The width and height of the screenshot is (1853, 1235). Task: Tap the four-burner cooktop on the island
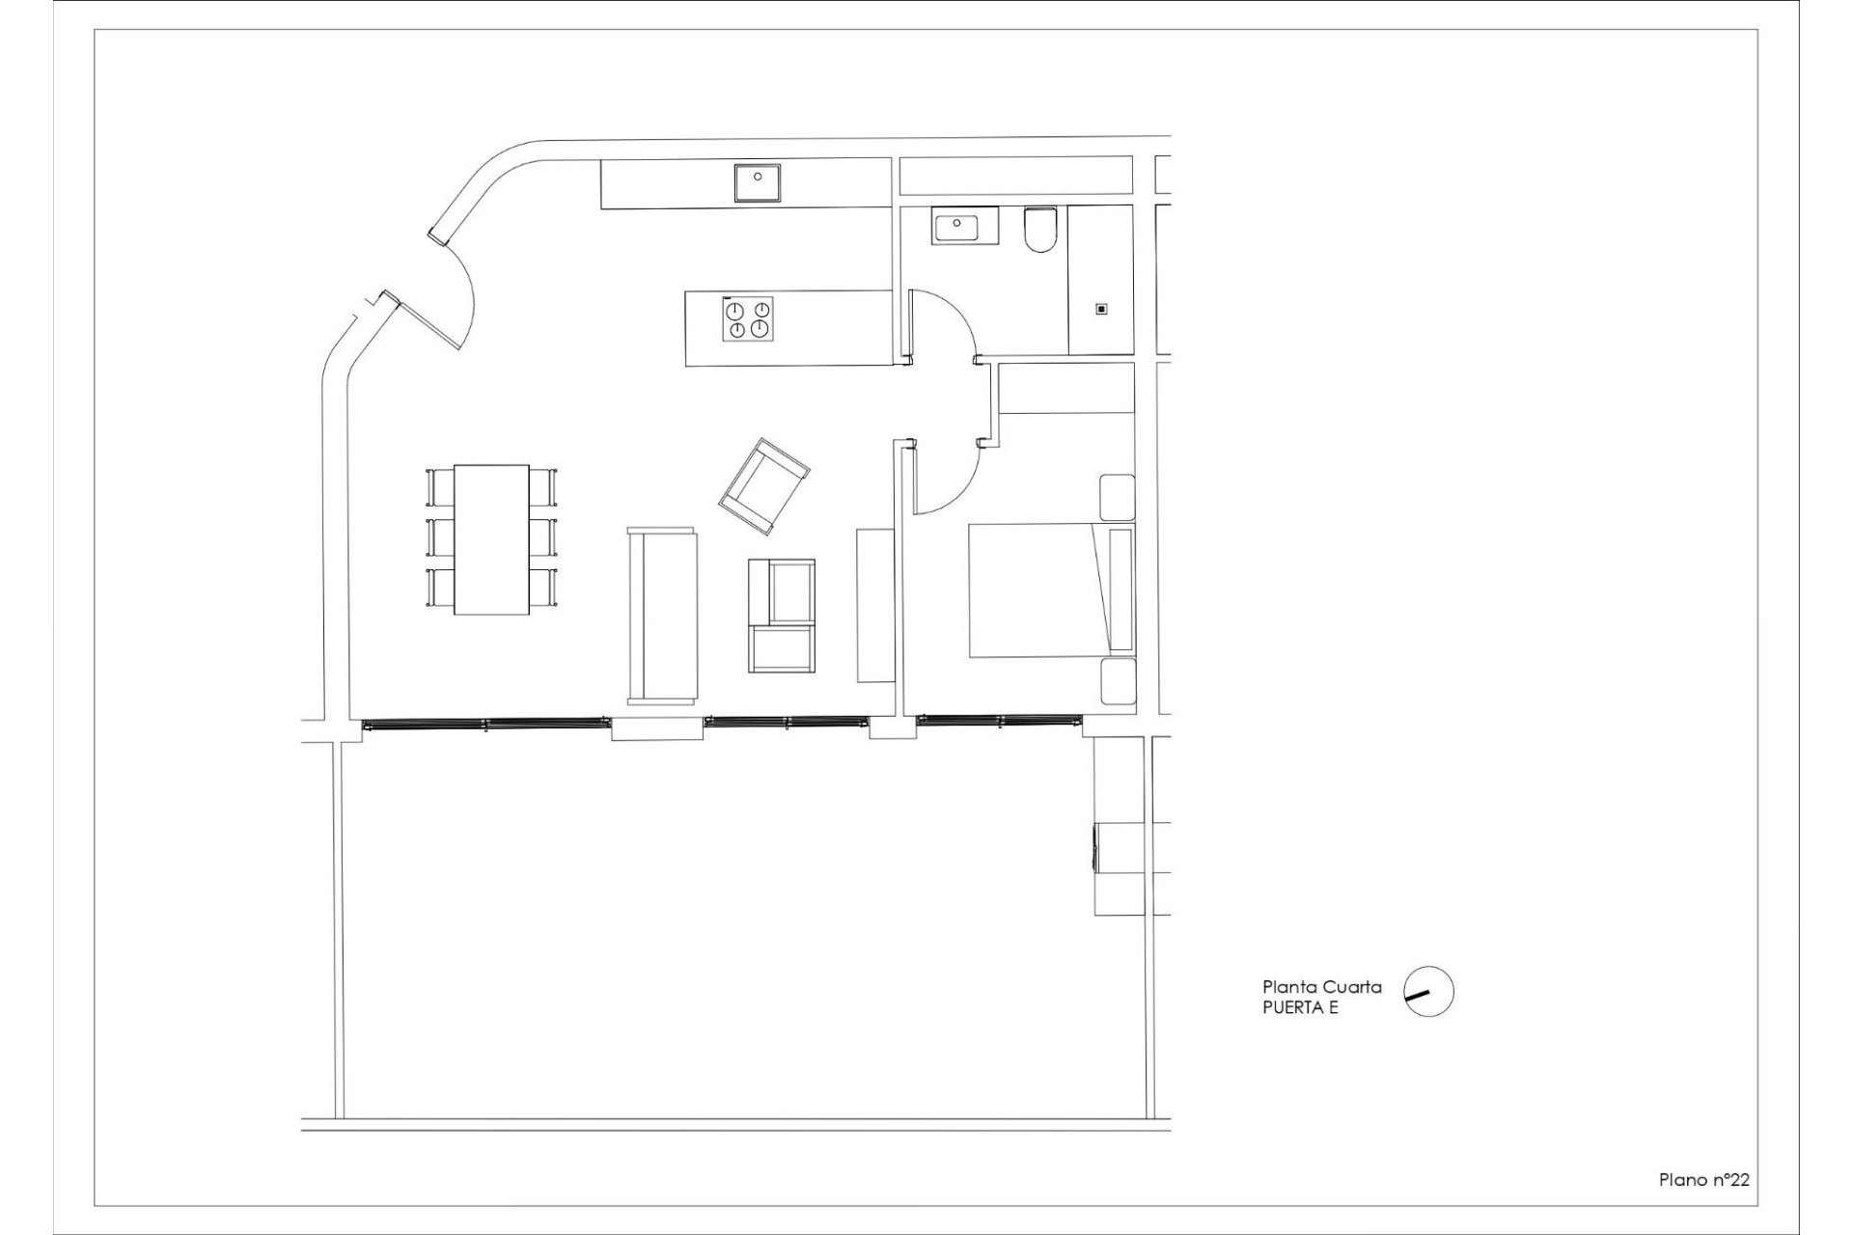click(x=748, y=319)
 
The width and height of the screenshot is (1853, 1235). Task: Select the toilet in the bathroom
click(x=1041, y=231)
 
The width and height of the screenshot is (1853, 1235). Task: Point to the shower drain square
click(x=1100, y=310)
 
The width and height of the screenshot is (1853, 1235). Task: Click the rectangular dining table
click(x=491, y=538)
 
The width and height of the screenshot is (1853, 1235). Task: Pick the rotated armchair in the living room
click(x=763, y=485)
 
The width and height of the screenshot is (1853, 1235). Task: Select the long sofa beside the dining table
click(x=661, y=615)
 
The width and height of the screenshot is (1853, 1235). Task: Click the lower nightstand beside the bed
click(x=1118, y=681)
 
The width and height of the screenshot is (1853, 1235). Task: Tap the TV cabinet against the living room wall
click(x=875, y=605)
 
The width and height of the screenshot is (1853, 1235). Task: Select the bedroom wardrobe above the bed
click(x=1065, y=389)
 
